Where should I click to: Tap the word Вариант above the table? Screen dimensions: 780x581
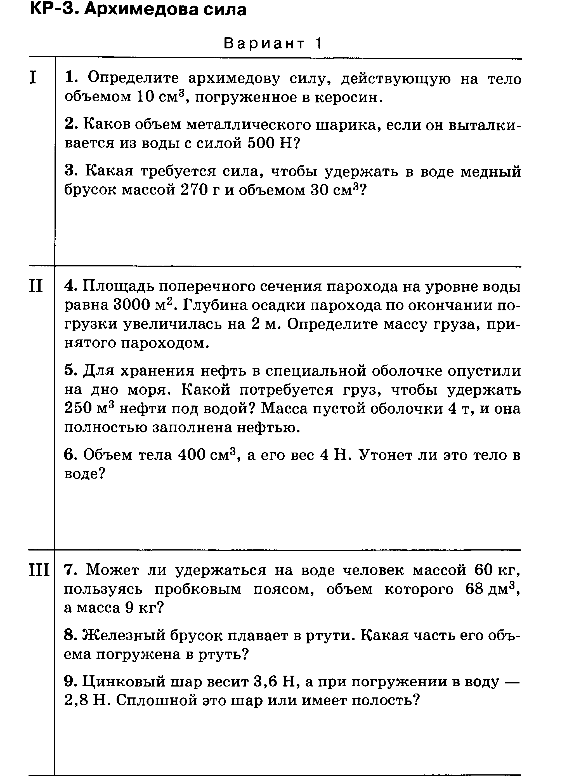[x=264, y=44]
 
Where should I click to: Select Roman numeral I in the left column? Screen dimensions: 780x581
[x=33, y=78]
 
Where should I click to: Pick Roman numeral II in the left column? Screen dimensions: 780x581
[x=36, y=286]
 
